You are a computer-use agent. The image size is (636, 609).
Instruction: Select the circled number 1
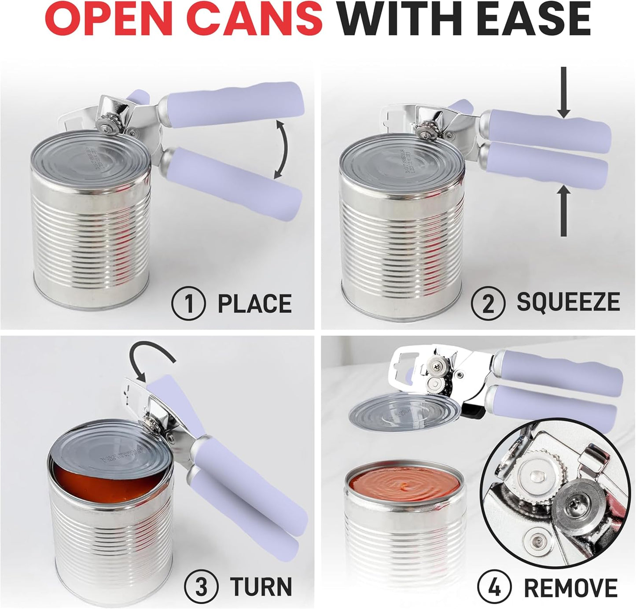[x=189, y=304]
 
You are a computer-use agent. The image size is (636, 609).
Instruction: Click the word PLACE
[x=255, y=304]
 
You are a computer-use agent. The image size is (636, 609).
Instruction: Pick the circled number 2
[x=488, y=303]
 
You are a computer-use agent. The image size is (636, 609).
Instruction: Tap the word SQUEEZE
[x=568, y=302]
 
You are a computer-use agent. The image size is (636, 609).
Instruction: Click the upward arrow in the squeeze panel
[x=564, y=211]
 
